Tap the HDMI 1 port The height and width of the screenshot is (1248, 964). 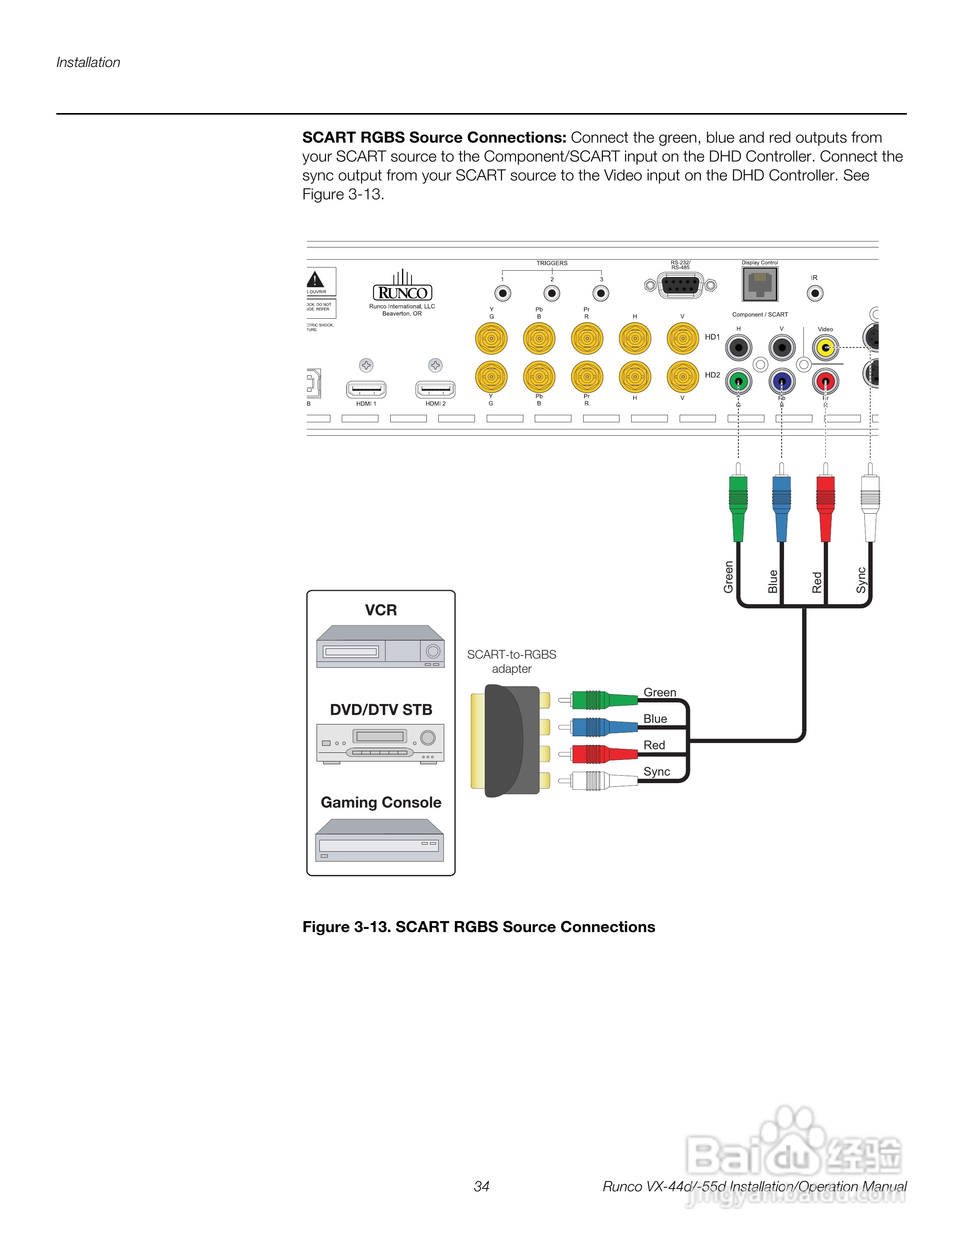click(366, 390)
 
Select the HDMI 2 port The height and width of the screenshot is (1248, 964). click(435, 390)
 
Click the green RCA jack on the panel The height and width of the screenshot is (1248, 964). click(738, 381)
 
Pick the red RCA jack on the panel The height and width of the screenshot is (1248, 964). click(825, 381)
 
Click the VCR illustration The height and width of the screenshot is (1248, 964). click(380, 646)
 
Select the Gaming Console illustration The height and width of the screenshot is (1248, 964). click(380, 841)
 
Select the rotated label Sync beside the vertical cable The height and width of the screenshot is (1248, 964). click(861, 580)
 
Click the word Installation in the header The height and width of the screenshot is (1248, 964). click(89, 62)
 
